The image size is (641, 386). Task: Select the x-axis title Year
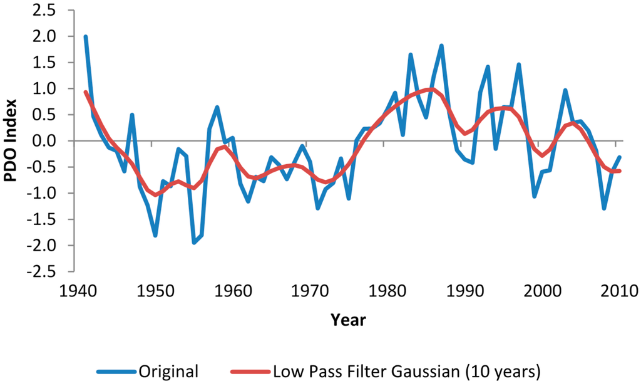click(x=349, y=320)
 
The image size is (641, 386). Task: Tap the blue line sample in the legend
click(x=118, y=371)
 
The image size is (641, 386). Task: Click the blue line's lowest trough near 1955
click(x=193, y=243)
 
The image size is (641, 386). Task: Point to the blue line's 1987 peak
click(x=441, y=46)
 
